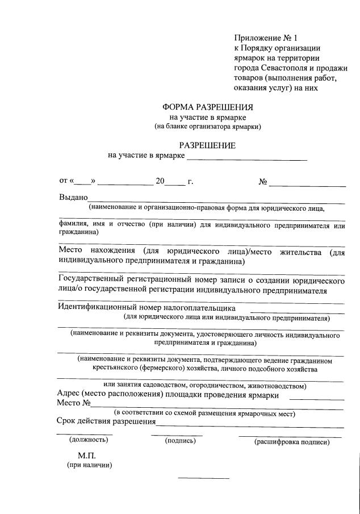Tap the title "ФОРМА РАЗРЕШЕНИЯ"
(x=207, y=107)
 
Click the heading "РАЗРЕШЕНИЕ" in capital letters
(x=207, y=145)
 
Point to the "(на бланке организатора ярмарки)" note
(x=207, y=126)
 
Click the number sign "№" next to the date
(x=263, y=182)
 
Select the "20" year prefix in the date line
(x=160, y=182)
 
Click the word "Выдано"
(x=73, y=198)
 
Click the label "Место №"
(x=74, y=404)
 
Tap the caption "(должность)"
(x=88, y=440)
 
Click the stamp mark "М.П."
(x=88, y=456)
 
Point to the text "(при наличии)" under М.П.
(x=89, y=466)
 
